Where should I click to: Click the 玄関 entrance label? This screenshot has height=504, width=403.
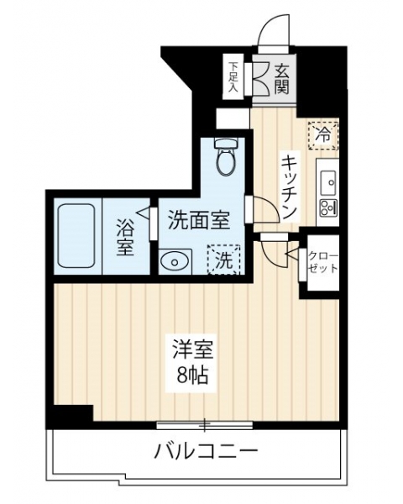click(x=281, y=79)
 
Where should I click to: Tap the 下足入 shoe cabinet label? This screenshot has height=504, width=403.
click(x=233, y=76)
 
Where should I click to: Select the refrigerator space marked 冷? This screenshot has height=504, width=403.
click(x=323, y=135)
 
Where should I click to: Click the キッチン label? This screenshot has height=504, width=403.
click(x=289, y=187)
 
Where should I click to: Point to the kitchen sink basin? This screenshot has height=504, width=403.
click(x=328, y=182)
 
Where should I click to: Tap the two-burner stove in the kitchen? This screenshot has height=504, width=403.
click(x=328, y=208)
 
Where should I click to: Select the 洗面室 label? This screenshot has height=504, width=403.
click(x=199, y=219)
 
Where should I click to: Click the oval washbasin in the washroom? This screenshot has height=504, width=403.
click(x=175, y=261)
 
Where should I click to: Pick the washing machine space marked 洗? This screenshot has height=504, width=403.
click(x=224, y=260)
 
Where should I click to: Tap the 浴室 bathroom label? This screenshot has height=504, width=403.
click(x=125, y=237)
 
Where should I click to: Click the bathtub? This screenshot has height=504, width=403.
click(x=76, y=237)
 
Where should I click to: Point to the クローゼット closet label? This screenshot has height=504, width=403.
click(x=323, y=262)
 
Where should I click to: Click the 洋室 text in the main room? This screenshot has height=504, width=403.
click(x=193, y=349)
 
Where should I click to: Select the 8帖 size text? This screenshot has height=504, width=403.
click(x=193, y=375)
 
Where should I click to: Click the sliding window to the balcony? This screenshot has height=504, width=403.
click(x=204, y=424)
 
